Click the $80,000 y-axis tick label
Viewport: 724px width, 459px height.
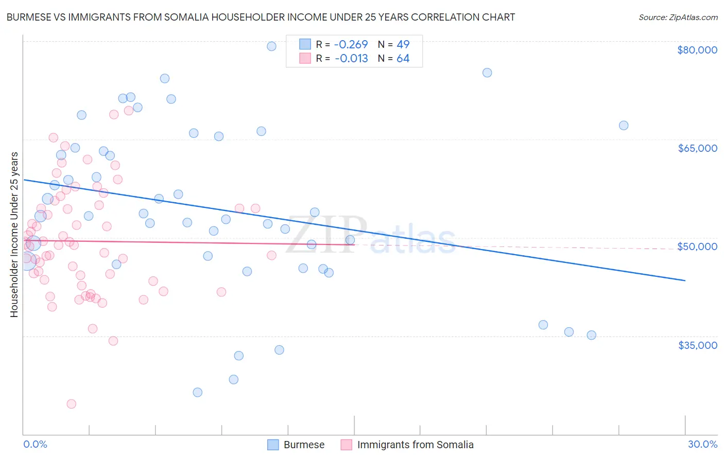pos(697,50)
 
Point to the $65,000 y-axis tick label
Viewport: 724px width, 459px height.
pos(697,148)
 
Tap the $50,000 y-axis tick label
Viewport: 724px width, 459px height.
pos(697,246)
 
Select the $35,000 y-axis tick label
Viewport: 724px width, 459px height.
pos(697,345)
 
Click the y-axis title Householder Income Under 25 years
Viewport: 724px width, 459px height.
pos(14,234)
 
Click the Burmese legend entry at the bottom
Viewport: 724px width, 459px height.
pos(296,445)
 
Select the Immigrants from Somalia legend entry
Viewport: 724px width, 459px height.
pos(407,445)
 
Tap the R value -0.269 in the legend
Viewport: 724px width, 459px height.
pos(351,44)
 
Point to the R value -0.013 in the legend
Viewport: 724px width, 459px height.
pos(351,59)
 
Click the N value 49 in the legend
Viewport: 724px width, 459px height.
pos(403,44)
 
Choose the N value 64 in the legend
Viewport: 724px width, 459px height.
pos(403,59)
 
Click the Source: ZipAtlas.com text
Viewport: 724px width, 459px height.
pos(678,17)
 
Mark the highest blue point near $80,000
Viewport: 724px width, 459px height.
pos(271,46)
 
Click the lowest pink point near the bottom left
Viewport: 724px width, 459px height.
pos(72,404)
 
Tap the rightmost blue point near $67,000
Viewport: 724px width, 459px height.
pos(624,126)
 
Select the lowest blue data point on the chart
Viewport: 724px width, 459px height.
pos(198,392)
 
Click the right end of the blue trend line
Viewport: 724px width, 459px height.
pos(685,280)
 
